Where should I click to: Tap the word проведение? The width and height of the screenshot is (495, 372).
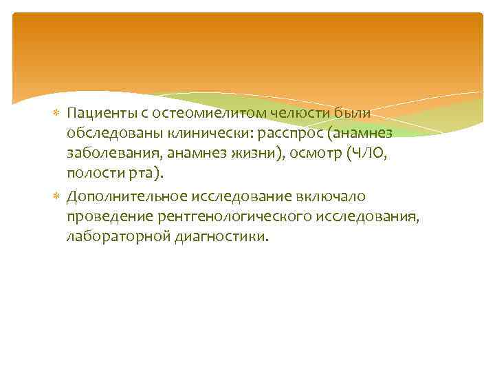(x=107, y=217)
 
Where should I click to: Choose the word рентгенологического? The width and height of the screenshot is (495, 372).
(x=234, y=217)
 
